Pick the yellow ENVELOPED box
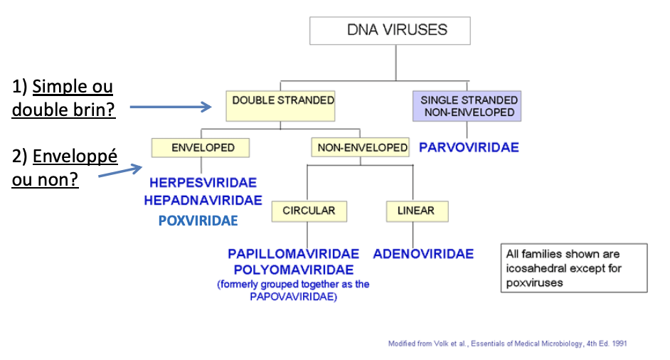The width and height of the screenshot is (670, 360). (x=203, y=148)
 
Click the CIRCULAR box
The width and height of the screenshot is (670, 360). (x=308, y=211)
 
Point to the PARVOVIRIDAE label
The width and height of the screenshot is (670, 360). (x=469, y=148)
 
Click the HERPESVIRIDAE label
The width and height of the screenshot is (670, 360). (x=203, y=183)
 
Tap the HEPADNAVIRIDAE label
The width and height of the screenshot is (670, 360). (x=203, y=201)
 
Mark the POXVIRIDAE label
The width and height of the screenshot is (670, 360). (x=198, y=221)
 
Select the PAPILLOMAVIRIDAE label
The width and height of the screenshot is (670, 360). (x=294, y=254)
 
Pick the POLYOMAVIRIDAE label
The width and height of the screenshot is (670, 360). (x=294, y=270)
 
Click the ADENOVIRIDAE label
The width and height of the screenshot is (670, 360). (x=423, y=254)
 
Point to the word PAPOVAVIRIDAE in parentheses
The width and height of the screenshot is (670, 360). (x=294, y=297)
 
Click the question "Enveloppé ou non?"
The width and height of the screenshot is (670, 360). (x=64, y=168)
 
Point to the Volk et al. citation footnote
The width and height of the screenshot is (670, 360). (x=507, y=344)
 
